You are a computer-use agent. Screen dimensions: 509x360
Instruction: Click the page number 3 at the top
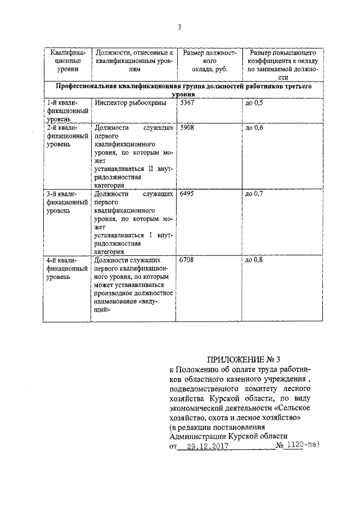pyautogui.click(x=178, y=28)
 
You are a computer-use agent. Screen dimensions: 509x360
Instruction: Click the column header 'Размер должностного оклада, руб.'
pyautogui.click(x=206, y=60)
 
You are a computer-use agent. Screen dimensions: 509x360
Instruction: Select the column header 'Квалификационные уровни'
pyautogui.click(x=67, y=60)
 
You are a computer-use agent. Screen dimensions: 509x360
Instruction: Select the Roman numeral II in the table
pyautogui.click(x=151, y=168)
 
